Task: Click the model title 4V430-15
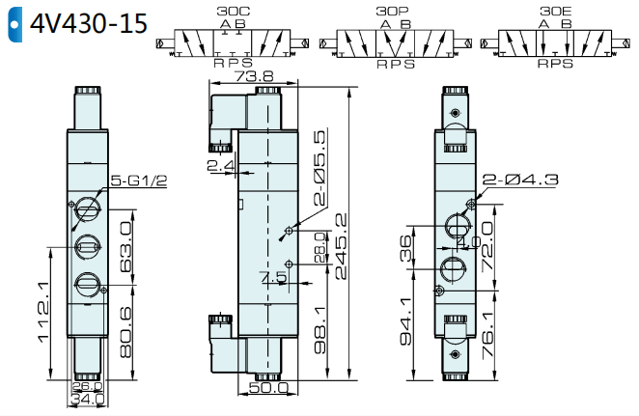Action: (89, 23)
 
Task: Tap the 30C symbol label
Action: (233, 11)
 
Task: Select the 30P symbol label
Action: (392, 11)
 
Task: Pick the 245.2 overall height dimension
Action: (341, 246)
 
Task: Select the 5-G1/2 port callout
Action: (139, 180)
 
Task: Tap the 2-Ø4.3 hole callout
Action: (520, 180)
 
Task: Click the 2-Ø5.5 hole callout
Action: (320, 167)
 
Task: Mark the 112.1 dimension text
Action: (43, 312)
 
